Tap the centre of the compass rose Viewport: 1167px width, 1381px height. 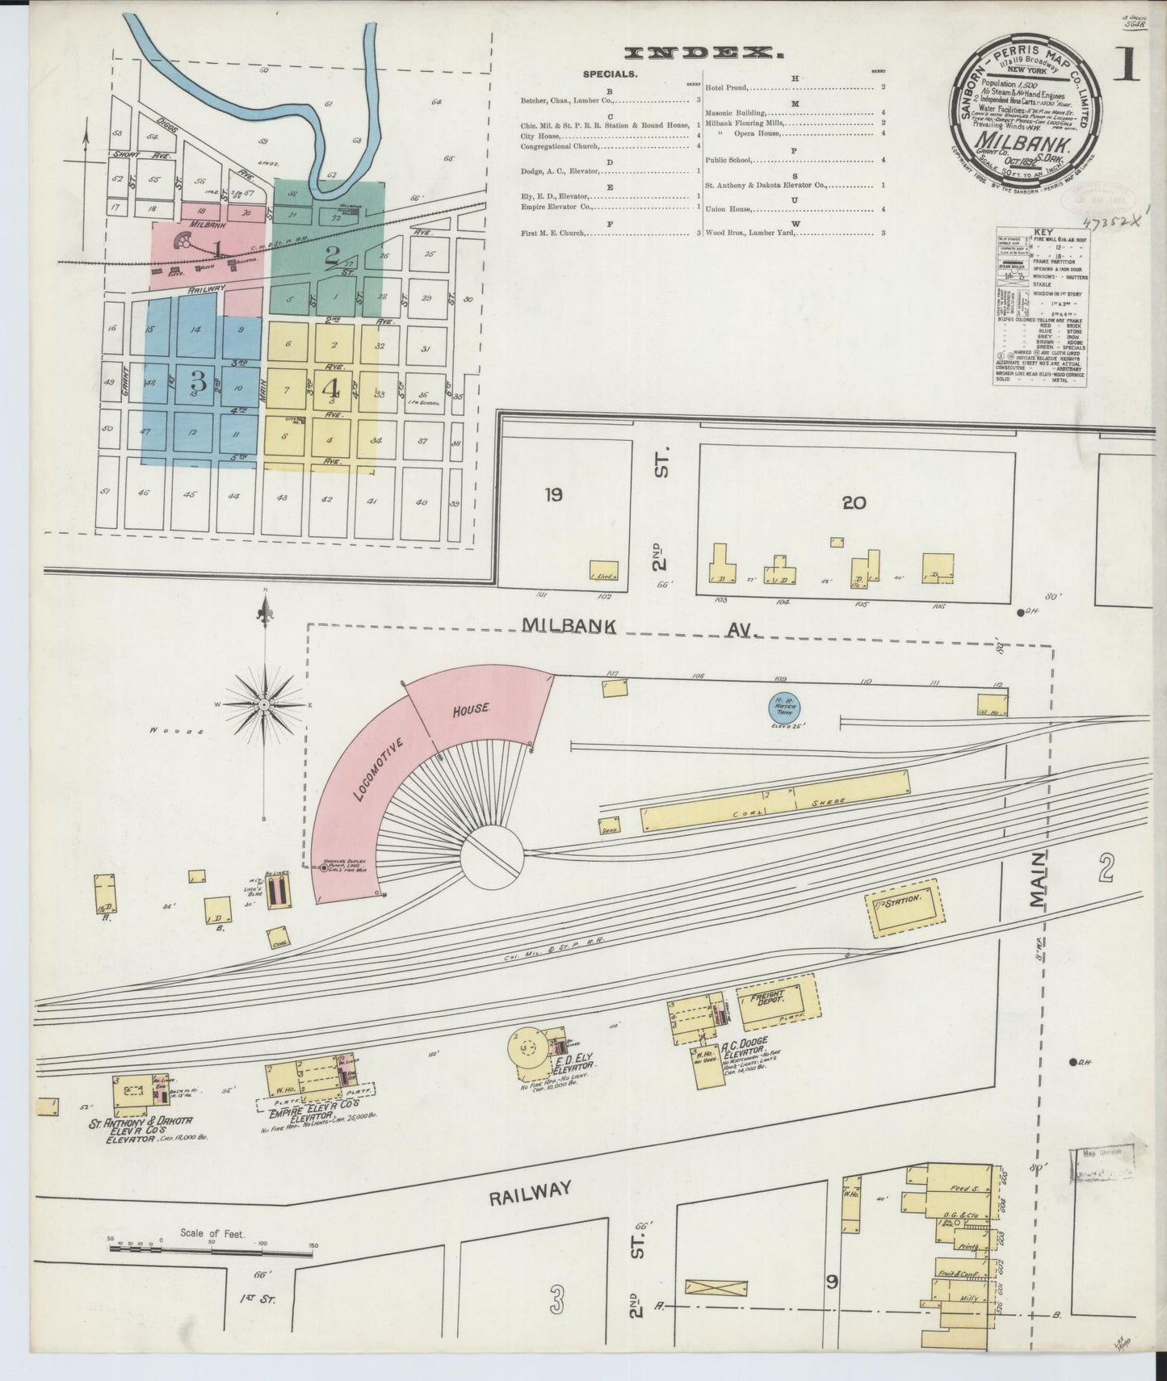point(264,705)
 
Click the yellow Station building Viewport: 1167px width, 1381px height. point(905,911)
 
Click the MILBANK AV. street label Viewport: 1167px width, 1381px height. point(638,628)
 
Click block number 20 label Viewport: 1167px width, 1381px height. point(854,503)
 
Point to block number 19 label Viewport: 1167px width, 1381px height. point(553,495)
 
